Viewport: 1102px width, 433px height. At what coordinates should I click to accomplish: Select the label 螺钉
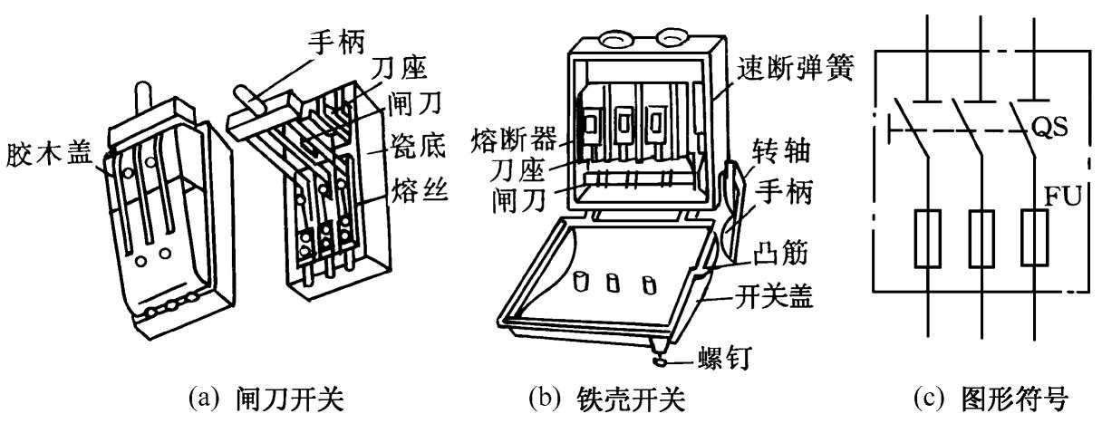(x=722, y=364)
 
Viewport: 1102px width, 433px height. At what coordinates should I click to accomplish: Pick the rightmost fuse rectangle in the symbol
(x=1031, y=239)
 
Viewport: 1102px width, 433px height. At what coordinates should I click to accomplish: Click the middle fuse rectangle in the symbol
(x=980, y=239)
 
